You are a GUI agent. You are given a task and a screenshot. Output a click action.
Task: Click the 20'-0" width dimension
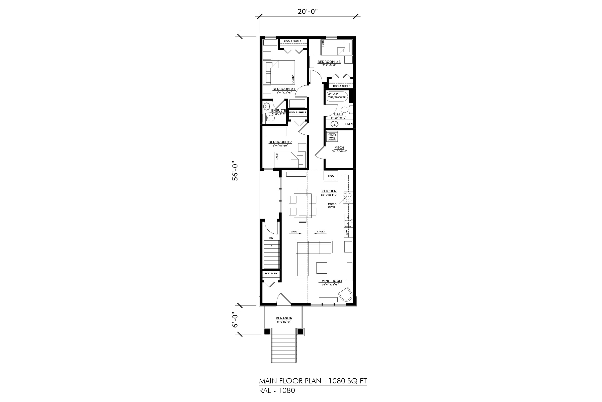(308, 12)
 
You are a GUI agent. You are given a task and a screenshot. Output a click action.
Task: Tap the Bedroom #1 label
(284, 89)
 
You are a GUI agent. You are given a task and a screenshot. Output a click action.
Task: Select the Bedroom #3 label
(329, 62)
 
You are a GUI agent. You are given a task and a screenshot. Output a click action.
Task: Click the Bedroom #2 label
(280, 142)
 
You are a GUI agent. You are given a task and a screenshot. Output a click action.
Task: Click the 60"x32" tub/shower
(337, 96)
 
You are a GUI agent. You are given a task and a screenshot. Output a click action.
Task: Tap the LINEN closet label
(349, 124)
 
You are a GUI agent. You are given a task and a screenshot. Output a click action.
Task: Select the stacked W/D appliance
(332, 136)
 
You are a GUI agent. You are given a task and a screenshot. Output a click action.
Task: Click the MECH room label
(339, 148)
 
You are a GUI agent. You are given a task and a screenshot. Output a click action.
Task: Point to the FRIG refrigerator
(331, 176)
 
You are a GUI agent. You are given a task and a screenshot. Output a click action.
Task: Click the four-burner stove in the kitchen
(348, 198)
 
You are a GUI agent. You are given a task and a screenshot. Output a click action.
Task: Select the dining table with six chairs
(303, 206)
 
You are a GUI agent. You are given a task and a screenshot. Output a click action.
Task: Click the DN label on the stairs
(271, 238)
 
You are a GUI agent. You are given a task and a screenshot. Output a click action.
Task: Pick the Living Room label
(330, 281)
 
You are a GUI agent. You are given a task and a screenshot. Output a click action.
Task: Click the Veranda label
(284, 318)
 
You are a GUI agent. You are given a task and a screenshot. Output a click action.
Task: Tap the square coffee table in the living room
(322, 268)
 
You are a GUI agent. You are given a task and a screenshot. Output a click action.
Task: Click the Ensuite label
(278, 111)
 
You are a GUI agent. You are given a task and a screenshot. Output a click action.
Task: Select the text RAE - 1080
(277, 390)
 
